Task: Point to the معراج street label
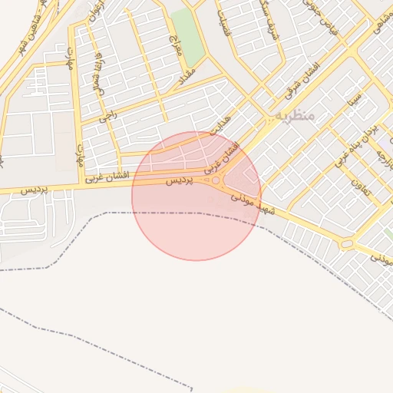coord(173,42)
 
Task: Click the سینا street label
coord(354,99)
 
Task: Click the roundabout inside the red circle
coord(216,181)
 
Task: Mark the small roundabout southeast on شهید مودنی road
coord(347,244)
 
